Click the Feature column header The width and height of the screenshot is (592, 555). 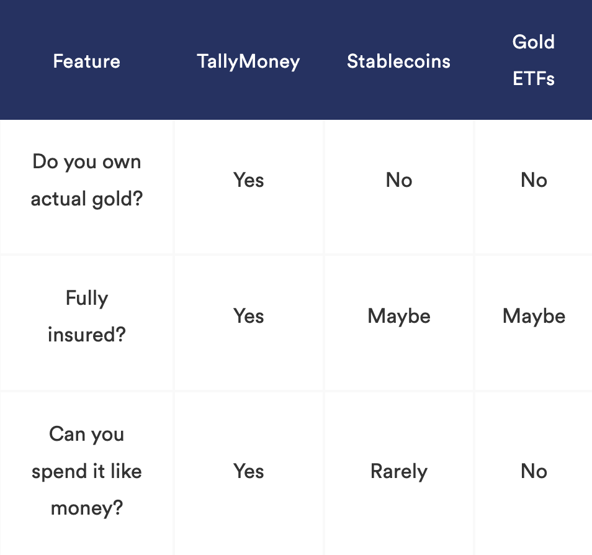[86, 61]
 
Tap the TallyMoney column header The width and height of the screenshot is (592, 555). [248, 62]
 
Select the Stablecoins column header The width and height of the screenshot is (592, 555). [398, 61]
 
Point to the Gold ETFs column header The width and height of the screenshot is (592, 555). [534, 60]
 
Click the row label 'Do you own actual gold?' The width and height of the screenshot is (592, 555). [86, 180]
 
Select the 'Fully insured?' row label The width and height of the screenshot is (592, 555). [86, 316]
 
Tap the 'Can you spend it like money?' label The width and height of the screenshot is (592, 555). [86, 471]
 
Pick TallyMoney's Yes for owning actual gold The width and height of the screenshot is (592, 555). [248, 180]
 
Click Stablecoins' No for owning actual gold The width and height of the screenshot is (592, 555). [398, 180]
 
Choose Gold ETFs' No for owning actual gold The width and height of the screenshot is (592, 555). [534, 180]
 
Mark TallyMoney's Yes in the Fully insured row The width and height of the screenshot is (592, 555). [248, 316]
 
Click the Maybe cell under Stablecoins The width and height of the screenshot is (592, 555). [398, 317]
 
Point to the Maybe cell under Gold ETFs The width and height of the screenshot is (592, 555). [534, 317]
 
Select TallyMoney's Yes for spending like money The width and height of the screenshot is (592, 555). [248, 471]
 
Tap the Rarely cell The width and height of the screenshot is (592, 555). [398, 472]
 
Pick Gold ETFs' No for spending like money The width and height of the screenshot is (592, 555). [534, 471]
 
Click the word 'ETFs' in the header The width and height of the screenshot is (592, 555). [534, 79]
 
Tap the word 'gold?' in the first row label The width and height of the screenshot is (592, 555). [117, 199]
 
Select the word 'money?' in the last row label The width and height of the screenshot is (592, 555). [87, 508]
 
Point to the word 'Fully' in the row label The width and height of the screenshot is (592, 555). [87, 299]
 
